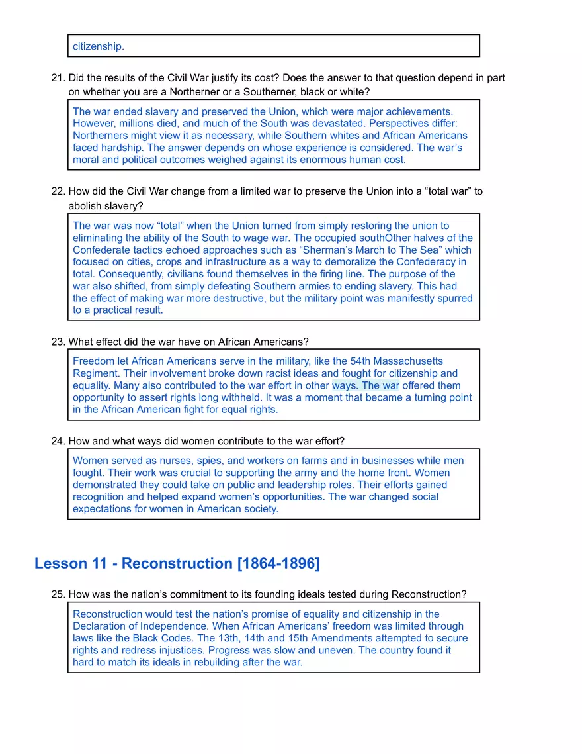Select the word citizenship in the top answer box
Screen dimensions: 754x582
(98, 46)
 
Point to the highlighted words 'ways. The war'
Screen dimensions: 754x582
(365, 386)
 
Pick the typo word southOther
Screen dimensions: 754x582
(386, 238)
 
